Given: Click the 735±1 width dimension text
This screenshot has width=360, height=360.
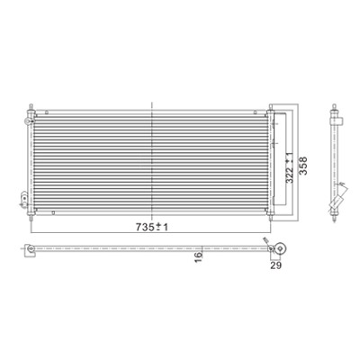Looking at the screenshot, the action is [152, 227].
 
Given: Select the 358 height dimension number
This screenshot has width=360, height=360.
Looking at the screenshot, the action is [303, 166].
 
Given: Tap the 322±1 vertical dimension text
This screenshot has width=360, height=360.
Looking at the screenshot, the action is [289, 168].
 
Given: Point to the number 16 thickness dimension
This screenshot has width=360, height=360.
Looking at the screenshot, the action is [199, 257].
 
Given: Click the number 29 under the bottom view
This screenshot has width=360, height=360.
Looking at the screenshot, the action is [275, 265].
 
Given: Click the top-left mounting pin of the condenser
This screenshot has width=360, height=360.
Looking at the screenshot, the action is [31, 107].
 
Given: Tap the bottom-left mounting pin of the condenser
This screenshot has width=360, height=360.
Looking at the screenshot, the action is [31, 218].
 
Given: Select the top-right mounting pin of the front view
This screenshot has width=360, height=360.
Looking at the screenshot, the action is [271, 107].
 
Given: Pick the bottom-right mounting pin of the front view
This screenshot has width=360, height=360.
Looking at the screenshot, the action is [271, 218].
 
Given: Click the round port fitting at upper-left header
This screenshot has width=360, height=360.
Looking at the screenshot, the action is [27, 121].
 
